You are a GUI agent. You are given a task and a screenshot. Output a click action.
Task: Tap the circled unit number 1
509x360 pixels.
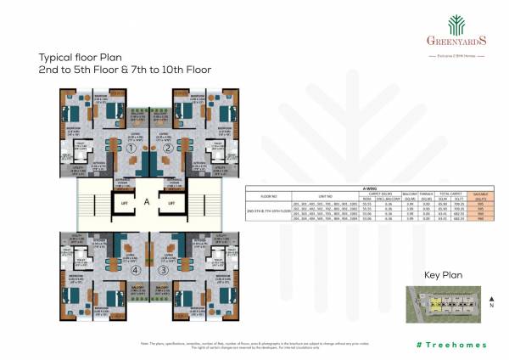(x=131, y=149)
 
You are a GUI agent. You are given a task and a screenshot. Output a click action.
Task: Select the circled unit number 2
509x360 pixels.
(x=168, y=149)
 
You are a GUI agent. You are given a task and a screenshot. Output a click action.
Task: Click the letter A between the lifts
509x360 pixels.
(x=147, y=202)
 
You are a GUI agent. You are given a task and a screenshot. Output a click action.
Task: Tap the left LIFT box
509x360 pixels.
(x=123, y=205)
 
